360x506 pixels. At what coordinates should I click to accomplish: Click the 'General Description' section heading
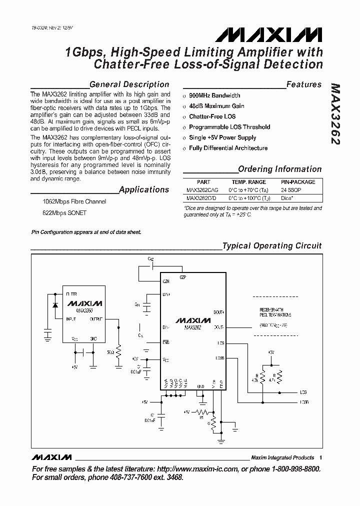(129, 84)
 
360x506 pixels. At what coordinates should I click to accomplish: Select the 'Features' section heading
(304, 84)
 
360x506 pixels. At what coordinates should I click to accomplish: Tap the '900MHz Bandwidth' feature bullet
(214, 95)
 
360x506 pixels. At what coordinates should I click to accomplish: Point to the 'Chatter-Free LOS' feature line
(212, 116)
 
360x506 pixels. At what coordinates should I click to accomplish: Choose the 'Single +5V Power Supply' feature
(222, 137)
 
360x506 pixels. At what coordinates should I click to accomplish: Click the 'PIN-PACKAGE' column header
(298, 182)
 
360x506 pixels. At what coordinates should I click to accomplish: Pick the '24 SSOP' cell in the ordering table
(290, 190)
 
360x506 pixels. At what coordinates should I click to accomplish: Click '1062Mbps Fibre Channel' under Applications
(74, 202)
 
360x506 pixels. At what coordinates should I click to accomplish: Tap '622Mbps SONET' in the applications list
(64, 213)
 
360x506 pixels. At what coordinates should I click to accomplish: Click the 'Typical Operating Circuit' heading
(272, 246)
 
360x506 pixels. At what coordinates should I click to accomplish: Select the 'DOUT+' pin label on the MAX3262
(218, 311)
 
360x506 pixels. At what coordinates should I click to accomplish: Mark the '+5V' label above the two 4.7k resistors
(270, 352)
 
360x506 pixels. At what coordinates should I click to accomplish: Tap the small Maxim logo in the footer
(51, 457)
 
